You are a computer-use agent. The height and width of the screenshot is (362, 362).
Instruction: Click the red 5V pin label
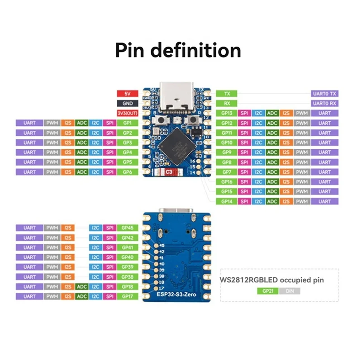pos(127,94)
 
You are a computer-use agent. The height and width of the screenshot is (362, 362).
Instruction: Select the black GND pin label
pos(127,103)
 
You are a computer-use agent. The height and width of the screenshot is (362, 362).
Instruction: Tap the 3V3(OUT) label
pos(127,113)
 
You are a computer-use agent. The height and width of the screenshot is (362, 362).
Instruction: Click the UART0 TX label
pos(324,94)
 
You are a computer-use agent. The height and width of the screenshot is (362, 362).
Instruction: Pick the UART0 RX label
pos(324,103)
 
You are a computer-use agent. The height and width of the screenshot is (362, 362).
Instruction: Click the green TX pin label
pos(227,94)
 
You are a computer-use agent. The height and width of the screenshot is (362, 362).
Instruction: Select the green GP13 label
pos(227,113)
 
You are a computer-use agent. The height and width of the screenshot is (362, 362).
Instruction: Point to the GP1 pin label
pos(127,123)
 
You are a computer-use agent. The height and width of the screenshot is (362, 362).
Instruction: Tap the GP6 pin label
pos(127,172)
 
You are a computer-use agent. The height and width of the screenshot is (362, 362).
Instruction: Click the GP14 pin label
pos(227,201)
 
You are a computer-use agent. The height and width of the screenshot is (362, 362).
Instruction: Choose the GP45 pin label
pos(127,228)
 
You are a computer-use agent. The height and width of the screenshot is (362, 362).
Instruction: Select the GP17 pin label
pos(127,296)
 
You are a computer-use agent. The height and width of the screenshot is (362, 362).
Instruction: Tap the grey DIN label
pos(290,292)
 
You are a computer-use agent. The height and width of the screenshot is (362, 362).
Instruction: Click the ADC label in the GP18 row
pos(82,286)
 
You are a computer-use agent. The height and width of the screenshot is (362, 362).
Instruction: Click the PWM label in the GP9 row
pos(301,152)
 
